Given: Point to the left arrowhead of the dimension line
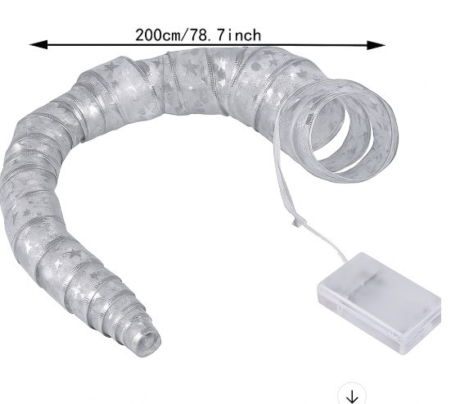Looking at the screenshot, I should [36, 44].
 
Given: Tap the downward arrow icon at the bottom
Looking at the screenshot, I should [351, 397].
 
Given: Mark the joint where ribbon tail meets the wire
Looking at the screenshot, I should [294, 222].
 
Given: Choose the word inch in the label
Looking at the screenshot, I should [245, 35].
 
